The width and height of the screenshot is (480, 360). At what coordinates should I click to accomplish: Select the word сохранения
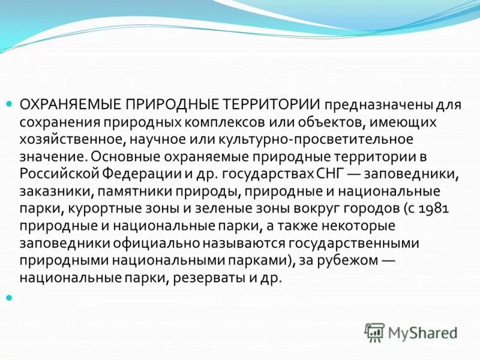click(54, 122)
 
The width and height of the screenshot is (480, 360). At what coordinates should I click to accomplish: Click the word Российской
click(55, 175)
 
